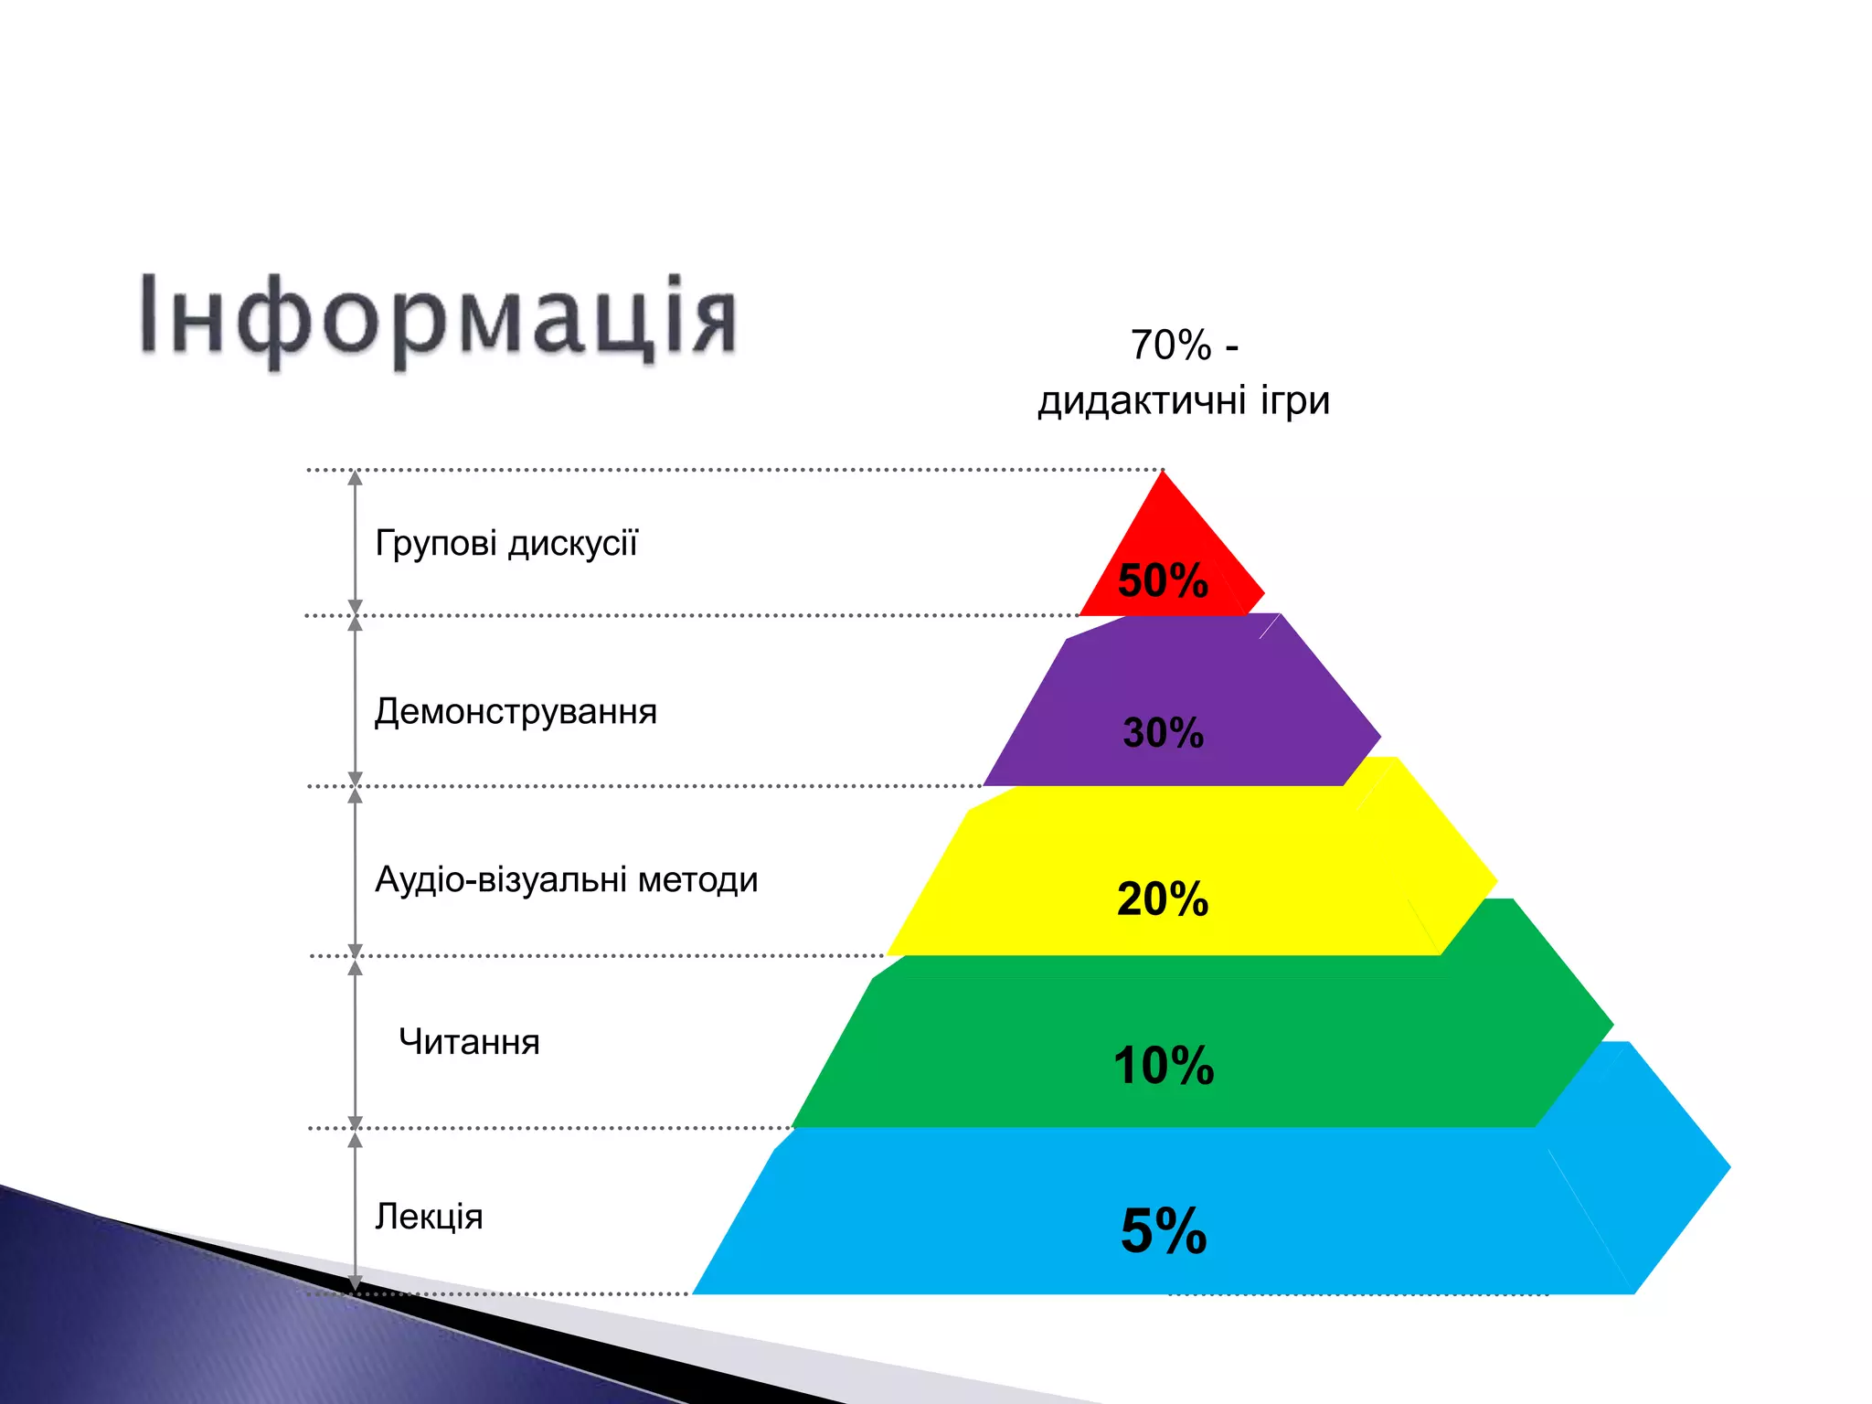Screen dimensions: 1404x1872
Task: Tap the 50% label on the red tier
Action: click(x=1163, y=580)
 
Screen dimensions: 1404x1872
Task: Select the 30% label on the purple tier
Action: click(x=1163, y=733)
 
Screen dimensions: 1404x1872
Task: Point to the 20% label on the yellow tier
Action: click(x=1163, y=899)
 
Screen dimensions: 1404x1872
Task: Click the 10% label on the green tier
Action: click(x=1164, y=1066)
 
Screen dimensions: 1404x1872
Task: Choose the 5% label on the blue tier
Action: click(x=1164, y=1231)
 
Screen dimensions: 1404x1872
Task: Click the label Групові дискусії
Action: click(x=506, y=544)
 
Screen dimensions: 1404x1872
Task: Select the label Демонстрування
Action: click(x=516, y=712)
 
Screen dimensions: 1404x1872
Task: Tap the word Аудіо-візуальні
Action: click(x=501, y=880)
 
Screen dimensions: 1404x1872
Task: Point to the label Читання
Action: click(x=469, y=1043)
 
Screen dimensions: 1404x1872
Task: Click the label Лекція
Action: click(x=429, y=1218)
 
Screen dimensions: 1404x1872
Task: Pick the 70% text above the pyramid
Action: click(x=1171, y=346)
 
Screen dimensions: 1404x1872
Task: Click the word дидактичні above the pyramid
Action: click(x=1143, y=401)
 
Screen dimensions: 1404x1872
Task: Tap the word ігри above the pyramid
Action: click(x=1295, y=401)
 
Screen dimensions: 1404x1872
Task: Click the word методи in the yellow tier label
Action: click(x=698, y=880)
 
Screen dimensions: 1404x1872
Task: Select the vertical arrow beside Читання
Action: click(x=356, y=1042)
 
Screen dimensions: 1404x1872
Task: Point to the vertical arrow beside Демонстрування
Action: click(x=356, y=701)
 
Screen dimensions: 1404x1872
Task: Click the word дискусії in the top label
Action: click(x=573, y=544)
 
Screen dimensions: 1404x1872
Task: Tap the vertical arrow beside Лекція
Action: click(x=356, y=1211)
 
